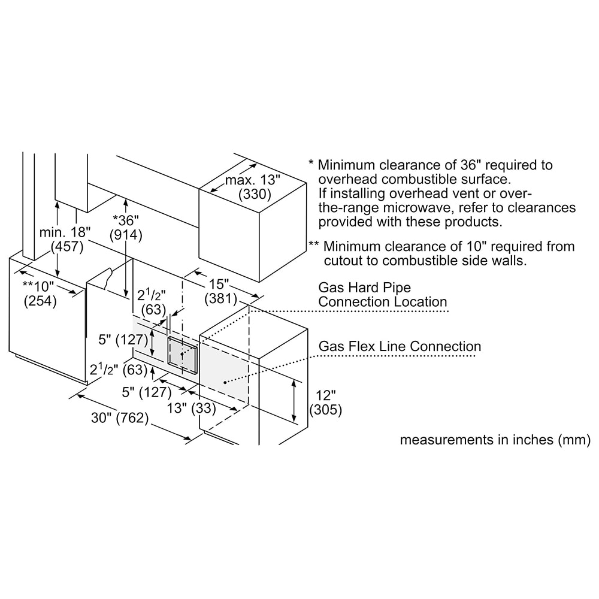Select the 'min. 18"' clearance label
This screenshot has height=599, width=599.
tap(65, 232)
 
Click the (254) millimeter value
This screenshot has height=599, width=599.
tap(40, 301)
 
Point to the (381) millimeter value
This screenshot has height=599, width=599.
tap(221, 298)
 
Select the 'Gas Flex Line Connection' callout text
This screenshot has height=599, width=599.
tap(400, 346)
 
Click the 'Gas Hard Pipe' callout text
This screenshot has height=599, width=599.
tap(365, 288)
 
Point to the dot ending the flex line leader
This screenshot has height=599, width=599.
tap(225, 382)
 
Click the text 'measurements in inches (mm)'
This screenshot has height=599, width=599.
tap(495, 440)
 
